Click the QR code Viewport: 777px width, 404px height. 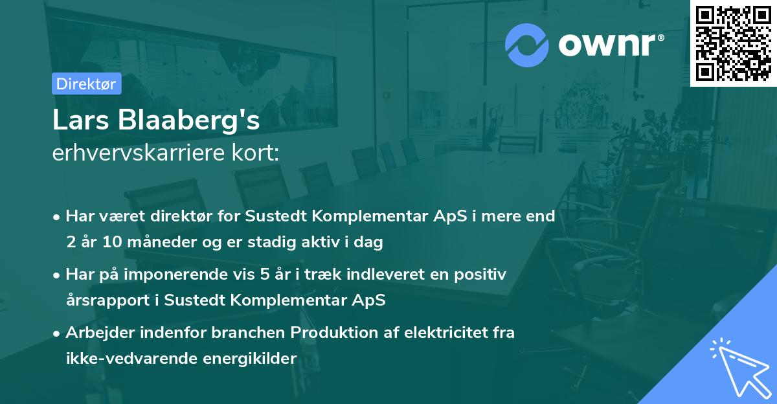pyautogui.click(x=733, y=43)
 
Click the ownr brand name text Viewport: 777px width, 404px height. pyautogui.click(x=611, y=45)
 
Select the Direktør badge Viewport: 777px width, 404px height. pyautogui.click(x=86, y=84)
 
